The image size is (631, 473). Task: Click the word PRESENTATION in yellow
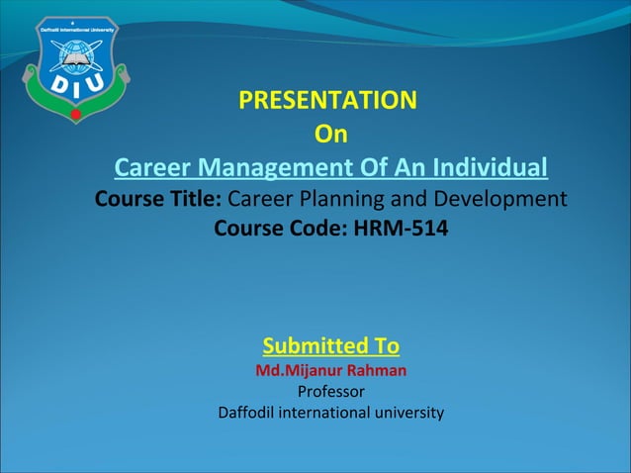(328, 101)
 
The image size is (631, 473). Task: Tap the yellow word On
(330, 134)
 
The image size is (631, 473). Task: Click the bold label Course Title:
(158, 200)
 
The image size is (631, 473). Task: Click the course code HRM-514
(401, 232)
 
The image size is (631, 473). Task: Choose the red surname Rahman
(374, 371)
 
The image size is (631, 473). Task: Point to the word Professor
(330, 392)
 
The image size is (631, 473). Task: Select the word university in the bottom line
(406, 413)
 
